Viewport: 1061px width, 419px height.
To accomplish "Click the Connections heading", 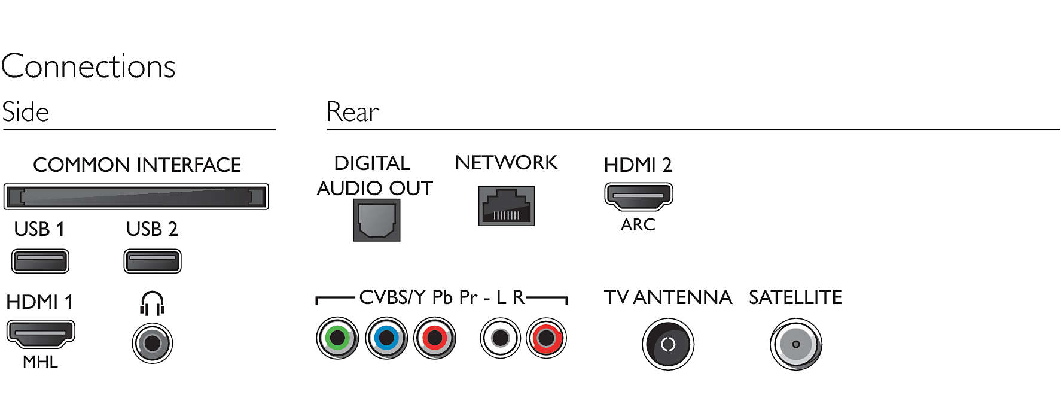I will pos(89,66).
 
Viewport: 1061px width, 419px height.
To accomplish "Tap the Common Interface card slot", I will pos(136,196).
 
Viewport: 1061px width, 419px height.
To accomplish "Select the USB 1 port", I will pos(40,261).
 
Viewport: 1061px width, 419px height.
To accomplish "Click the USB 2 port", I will pos(152,261).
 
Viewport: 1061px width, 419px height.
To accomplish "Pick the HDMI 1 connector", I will pos(40,333).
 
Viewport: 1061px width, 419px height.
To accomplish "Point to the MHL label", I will pos(40,362).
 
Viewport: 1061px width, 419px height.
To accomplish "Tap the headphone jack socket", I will pos(152,343).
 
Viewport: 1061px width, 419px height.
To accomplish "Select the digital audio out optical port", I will pos(376,220).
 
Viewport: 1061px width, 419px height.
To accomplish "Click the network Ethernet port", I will pos(506,206).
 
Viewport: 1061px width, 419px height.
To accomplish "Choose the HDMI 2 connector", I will pos(638,196).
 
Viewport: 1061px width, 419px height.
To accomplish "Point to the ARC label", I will pos(638,225).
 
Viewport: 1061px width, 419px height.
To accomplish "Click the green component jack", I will pos(337,338).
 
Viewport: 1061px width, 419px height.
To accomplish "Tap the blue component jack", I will pos(386,338).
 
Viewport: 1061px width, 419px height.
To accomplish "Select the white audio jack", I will pos(500,338).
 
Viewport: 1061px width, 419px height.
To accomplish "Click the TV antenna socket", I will pos(667,344).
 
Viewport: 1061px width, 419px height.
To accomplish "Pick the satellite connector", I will pos(795,344).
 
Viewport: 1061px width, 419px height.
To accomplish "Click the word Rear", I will pos(353,112).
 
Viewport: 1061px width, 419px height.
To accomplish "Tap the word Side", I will pos(26,112).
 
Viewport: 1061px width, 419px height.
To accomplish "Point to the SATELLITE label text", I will pos(795,297).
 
